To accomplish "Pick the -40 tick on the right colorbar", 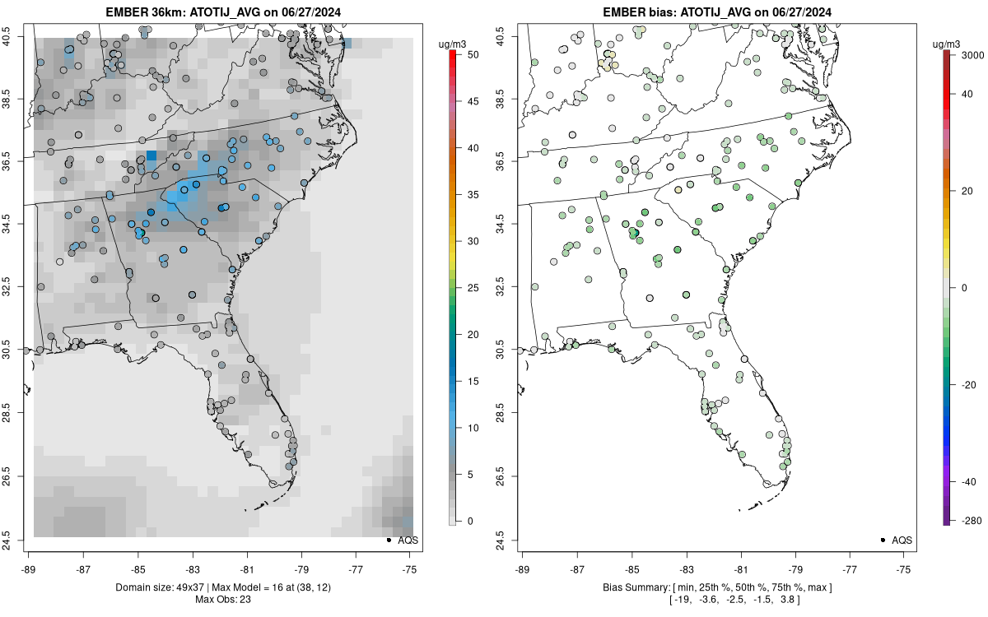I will pyautogui.click(x=967, y=481).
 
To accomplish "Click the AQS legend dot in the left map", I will pyautogui.click(x=388, y=540).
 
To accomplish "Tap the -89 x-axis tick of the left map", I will pyautogui.click(x=29, y=568).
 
